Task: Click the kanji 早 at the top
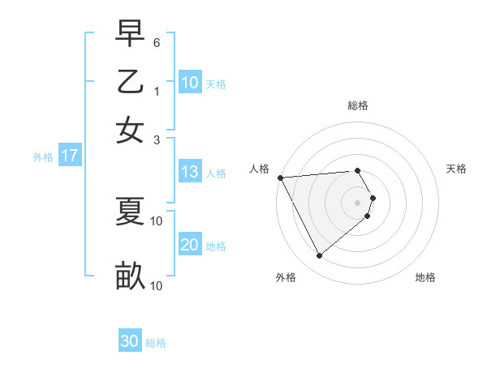[130, 36]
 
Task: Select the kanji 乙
[130, 83]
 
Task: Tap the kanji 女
[130, 131]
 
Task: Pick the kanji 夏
[130, 212]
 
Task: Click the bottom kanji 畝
[130, 276]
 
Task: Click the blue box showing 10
[190, 83]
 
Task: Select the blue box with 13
[190, 172]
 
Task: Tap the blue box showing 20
[190, 245]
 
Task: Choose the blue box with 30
[130, 341]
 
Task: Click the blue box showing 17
[69, 156]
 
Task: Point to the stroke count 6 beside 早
[157, 41]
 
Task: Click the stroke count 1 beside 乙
[157, 92]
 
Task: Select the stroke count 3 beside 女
[157, 139]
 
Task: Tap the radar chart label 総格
[358, 105]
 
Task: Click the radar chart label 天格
[457, 169]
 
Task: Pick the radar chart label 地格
[425, 277]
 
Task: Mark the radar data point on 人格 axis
[280, 178]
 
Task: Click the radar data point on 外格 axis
[319, 256]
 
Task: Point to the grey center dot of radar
[358, 202]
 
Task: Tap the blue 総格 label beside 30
[157, 343]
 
